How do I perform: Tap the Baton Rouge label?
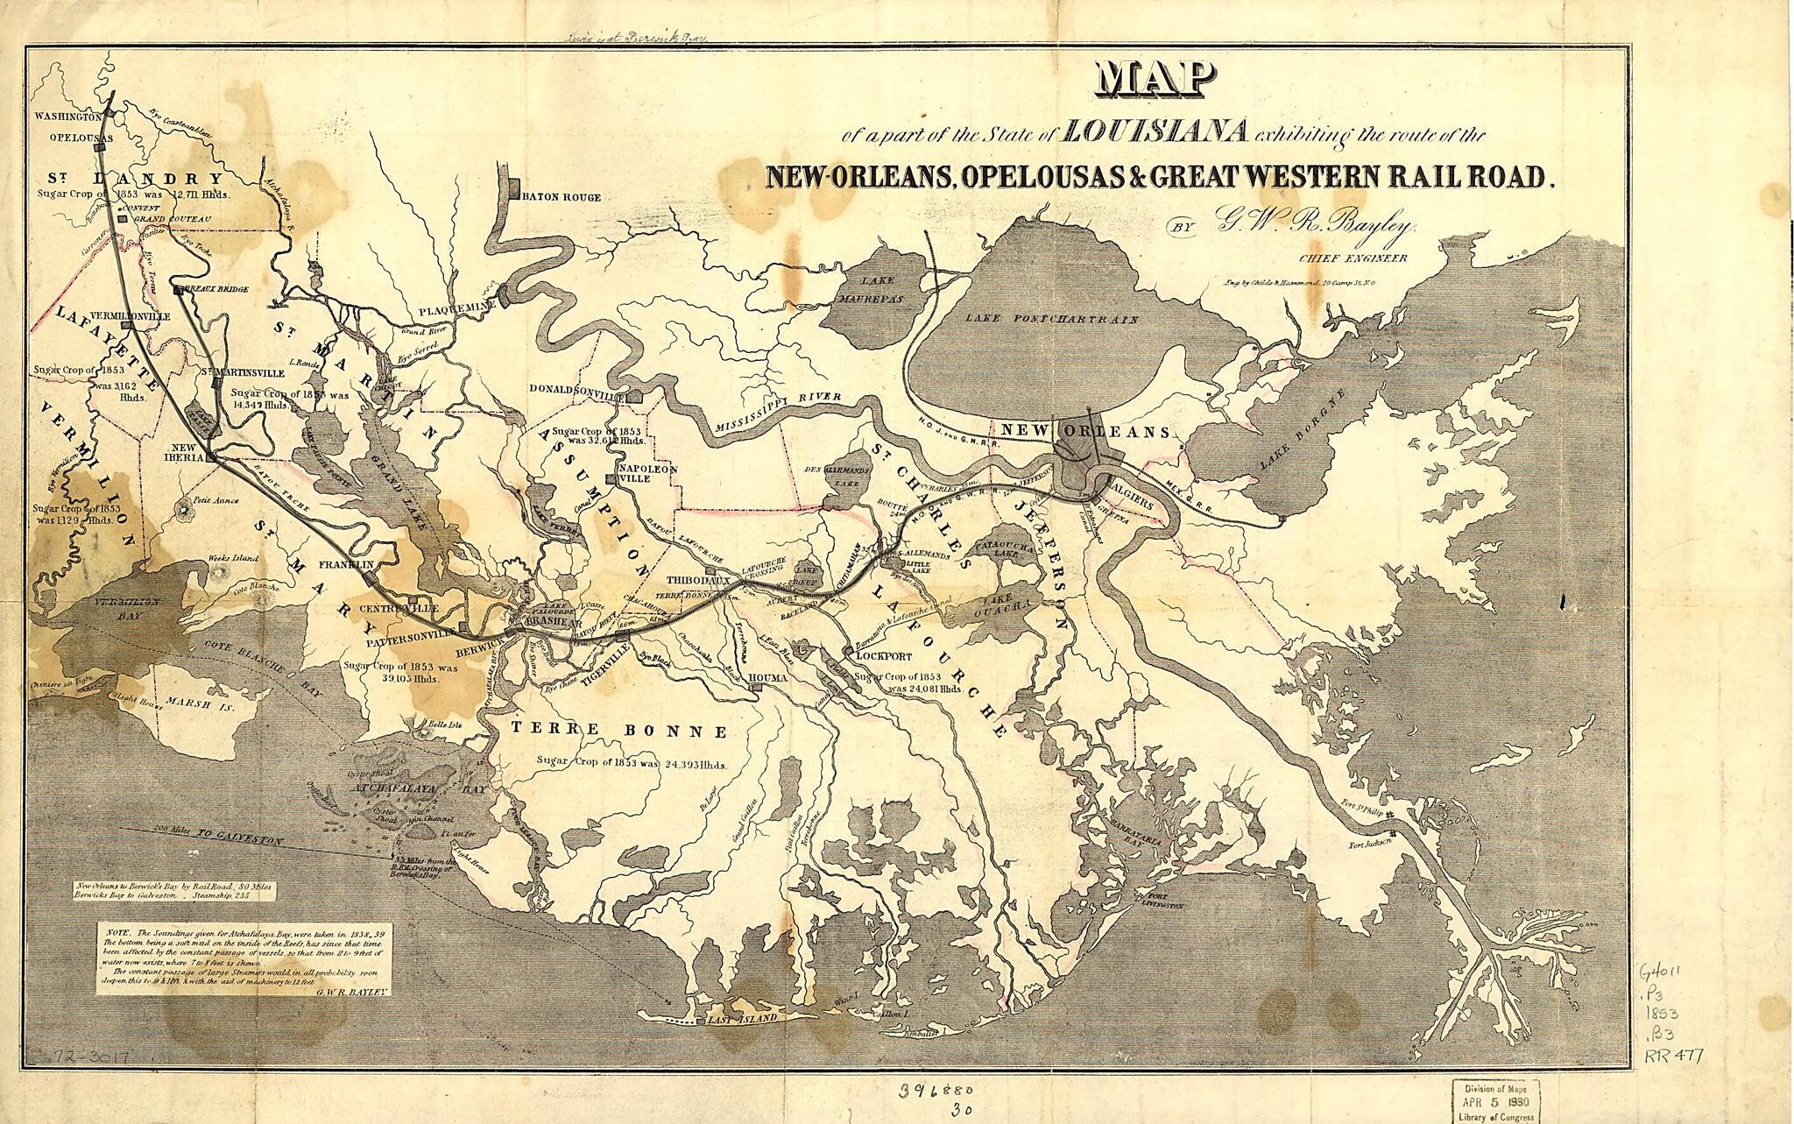point(562,197)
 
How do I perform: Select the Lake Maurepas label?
point(872,290)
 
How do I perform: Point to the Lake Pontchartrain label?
point(1052,320)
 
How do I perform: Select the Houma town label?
point(768,679)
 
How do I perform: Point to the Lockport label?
point(879,655)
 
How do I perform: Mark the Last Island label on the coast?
point(742,1020)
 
